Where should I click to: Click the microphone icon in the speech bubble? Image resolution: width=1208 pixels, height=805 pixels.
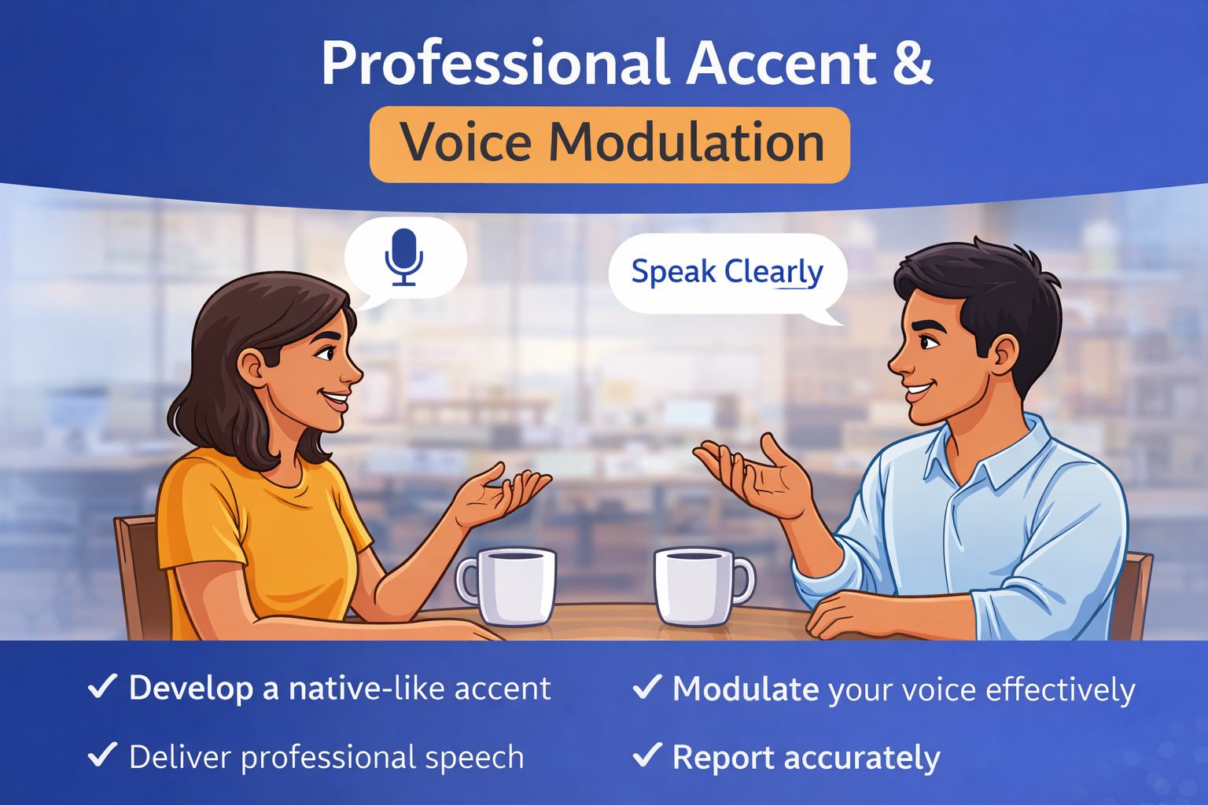click(404, 256)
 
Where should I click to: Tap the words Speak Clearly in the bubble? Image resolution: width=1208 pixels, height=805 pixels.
click(727, 272)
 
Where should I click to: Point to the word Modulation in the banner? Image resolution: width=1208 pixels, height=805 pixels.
click(686, 143)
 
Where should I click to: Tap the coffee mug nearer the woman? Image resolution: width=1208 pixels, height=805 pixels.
click(510, 586)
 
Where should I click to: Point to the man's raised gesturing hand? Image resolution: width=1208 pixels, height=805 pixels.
click(755, 476)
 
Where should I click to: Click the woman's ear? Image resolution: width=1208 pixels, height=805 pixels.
click(252, 368)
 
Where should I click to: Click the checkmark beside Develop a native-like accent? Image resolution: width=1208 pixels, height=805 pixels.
click(102, 686)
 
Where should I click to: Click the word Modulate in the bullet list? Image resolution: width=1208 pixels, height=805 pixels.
click(746, 689)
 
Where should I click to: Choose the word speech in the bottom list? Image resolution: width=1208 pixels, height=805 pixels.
click(474, 758)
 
